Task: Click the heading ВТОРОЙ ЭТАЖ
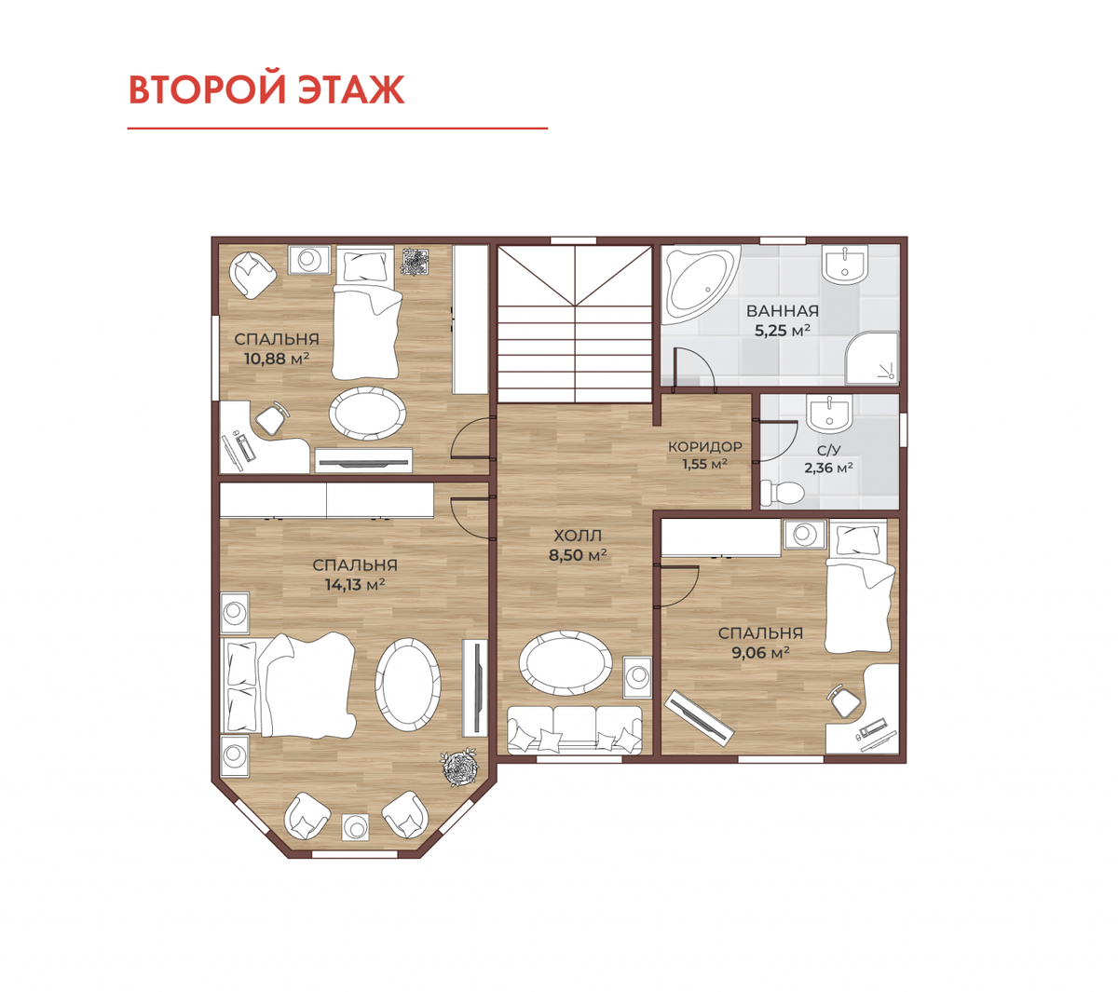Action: pos(266,89)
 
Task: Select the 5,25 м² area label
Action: pos(782,331)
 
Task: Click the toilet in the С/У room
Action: pos(782,492)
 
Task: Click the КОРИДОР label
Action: pos(704,446)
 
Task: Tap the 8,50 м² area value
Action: pos(578,555)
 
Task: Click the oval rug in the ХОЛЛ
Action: pos(566,663)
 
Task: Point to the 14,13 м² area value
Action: pos(354,584)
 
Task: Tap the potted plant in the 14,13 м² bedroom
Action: pos(458,766)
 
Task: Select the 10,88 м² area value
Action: pos(277,359)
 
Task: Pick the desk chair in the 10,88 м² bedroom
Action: pos(271,417)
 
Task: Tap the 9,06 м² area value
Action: pos(760,653)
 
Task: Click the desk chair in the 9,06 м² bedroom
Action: pos(844,700)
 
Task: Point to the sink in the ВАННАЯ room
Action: pos(845,265)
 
